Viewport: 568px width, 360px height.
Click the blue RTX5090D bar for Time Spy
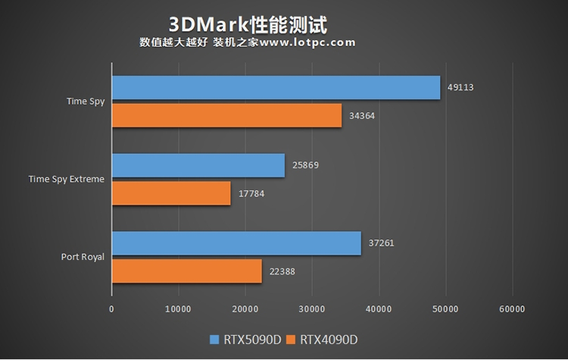point(276,88)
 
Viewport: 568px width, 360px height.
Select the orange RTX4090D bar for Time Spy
point(226,115)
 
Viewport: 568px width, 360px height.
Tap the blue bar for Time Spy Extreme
point(198,165)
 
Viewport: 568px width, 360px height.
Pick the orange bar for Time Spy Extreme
point(171,193)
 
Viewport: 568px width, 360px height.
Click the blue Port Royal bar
point(236,243)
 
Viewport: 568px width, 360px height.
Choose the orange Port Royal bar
point(186,271)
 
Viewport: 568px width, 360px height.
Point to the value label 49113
point(460,87)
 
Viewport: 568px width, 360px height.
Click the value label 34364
point(362,116)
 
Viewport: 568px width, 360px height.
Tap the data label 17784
point(251,193)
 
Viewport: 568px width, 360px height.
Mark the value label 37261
point(381,243)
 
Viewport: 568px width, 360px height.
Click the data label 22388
point(282,271)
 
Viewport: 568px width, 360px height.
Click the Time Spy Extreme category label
point(67,180)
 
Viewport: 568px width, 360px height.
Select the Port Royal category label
point(83,257)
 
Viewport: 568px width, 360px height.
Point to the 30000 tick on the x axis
point(312,308)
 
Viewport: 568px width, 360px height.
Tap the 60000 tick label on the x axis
point(512,308)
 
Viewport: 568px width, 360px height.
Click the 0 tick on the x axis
point(112,308)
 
